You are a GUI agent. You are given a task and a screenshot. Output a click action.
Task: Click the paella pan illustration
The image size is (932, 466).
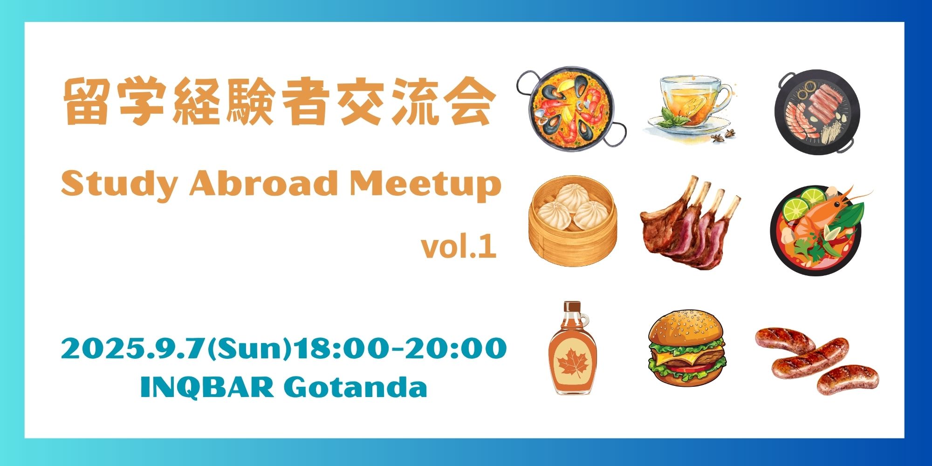coord(571,109)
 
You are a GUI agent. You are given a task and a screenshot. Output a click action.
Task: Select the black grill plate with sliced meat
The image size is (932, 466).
coord(817,111)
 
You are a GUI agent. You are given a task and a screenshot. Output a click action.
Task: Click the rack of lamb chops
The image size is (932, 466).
coord(690,224)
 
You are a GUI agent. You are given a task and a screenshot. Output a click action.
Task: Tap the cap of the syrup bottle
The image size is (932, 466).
coord(572,306)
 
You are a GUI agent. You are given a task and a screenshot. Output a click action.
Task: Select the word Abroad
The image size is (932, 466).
coord(263,183)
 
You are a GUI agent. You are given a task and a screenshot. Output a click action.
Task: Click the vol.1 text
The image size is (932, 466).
coord(459,247)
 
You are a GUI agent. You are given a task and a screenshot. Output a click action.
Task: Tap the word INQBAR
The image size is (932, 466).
coord(207,387)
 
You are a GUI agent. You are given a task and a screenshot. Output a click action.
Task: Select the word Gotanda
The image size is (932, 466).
coord(355,386)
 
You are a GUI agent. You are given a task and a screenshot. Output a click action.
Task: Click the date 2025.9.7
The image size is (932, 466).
coord(134,348)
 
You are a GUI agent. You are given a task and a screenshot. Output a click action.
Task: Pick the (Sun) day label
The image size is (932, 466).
coord(248,349)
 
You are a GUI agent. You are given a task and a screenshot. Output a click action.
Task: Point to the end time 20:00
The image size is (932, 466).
coord(455,348)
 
